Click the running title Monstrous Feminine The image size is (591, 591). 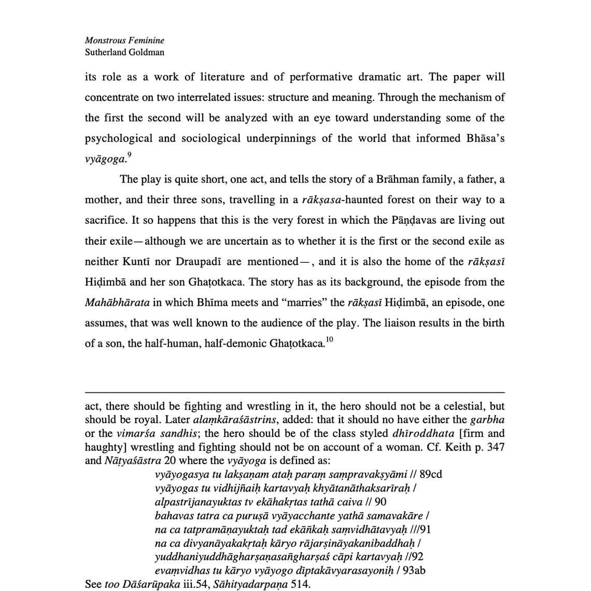(x=124, y=40)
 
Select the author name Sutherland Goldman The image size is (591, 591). (x=124, y=52)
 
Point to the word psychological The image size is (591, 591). (x=119, y=138)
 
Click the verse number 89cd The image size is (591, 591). (x=431, y=474)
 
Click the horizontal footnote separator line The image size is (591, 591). (x=294, y=392)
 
